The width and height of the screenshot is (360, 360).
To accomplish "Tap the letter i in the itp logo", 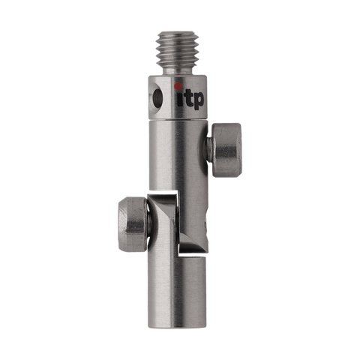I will (x=178, y=97).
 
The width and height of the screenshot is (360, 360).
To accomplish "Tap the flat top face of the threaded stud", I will (x=180, y=31).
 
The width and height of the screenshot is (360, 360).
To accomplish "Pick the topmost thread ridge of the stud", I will (x=180, y=37).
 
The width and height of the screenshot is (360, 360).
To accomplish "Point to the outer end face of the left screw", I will (x=120, y=223).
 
